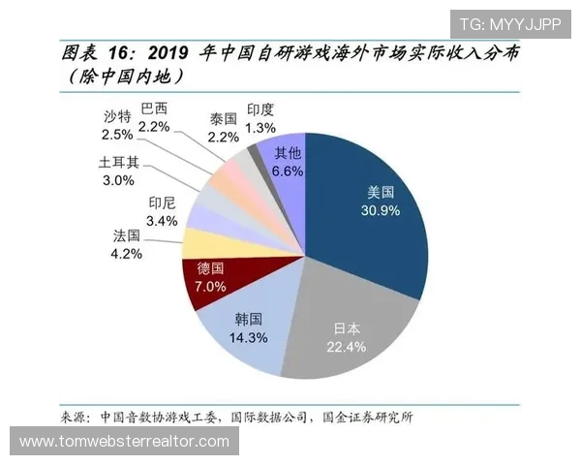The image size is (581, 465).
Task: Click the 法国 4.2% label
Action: [x=127, y=245]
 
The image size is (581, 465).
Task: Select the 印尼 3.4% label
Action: [x=162, y=211]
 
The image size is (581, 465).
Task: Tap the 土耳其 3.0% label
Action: [x=119, y=171]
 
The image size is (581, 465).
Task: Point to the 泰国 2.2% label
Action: [x=223, y=127]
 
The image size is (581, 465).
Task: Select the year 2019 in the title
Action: [x=173, y=53]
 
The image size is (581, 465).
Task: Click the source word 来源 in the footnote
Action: [x=76, y=418]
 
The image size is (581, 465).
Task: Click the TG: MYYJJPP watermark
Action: [x=509, y=24]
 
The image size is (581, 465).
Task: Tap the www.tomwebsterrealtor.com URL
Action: [x=124, y=442]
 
